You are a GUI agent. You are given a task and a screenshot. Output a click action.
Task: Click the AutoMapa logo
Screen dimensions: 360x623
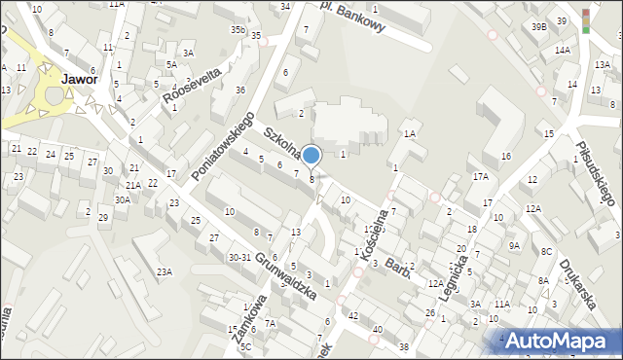[561, 341]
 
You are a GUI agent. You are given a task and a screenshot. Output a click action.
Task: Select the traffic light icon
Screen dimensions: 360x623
[586, 20]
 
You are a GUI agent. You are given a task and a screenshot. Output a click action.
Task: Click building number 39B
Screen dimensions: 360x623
[538, 27]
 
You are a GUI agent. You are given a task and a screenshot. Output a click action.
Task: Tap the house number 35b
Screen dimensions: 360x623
[238, 30]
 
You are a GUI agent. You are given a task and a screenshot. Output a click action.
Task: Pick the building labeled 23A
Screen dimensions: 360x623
[165, 271]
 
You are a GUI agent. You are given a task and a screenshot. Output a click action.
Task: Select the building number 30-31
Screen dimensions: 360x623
[239, 257]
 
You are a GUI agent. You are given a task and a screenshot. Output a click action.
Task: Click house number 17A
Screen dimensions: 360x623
[480, 177]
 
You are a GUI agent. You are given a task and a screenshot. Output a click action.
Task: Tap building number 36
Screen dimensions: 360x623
[240, 90]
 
